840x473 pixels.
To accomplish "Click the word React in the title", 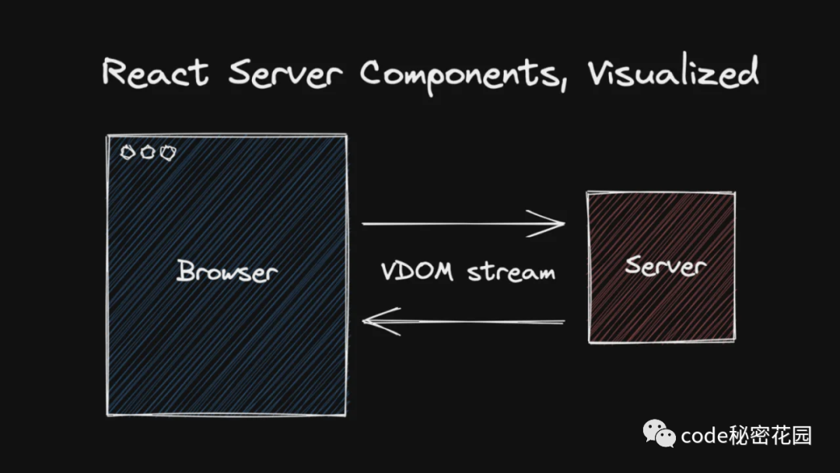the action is [x=156, y=73].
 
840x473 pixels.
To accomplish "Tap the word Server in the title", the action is [x=285, y=73].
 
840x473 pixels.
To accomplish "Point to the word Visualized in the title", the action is [x=674, y=73].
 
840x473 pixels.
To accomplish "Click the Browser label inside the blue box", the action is [x=227, y=271].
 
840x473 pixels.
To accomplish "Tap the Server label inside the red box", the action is [x=665, y=265].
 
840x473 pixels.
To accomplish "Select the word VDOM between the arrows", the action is [x=418, y=271].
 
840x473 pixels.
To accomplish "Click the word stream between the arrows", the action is [x=511, y=272].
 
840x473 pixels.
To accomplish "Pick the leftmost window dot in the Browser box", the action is [x=128, y=152].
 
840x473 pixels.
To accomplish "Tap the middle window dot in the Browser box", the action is [x=147, y=152].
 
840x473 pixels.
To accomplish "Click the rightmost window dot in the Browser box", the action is [x=168, y=153].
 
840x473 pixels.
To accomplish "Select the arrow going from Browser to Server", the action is [x=464, y=223].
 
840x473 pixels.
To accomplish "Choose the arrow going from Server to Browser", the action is [x=464, y=321].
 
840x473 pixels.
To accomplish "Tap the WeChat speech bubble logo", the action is [x=659, y=433].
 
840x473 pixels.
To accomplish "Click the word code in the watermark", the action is [x=704, y=436].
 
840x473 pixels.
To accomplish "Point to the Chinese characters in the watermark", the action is [x=770, y=436].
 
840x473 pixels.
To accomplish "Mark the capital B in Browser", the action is [x=185, y=271].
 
